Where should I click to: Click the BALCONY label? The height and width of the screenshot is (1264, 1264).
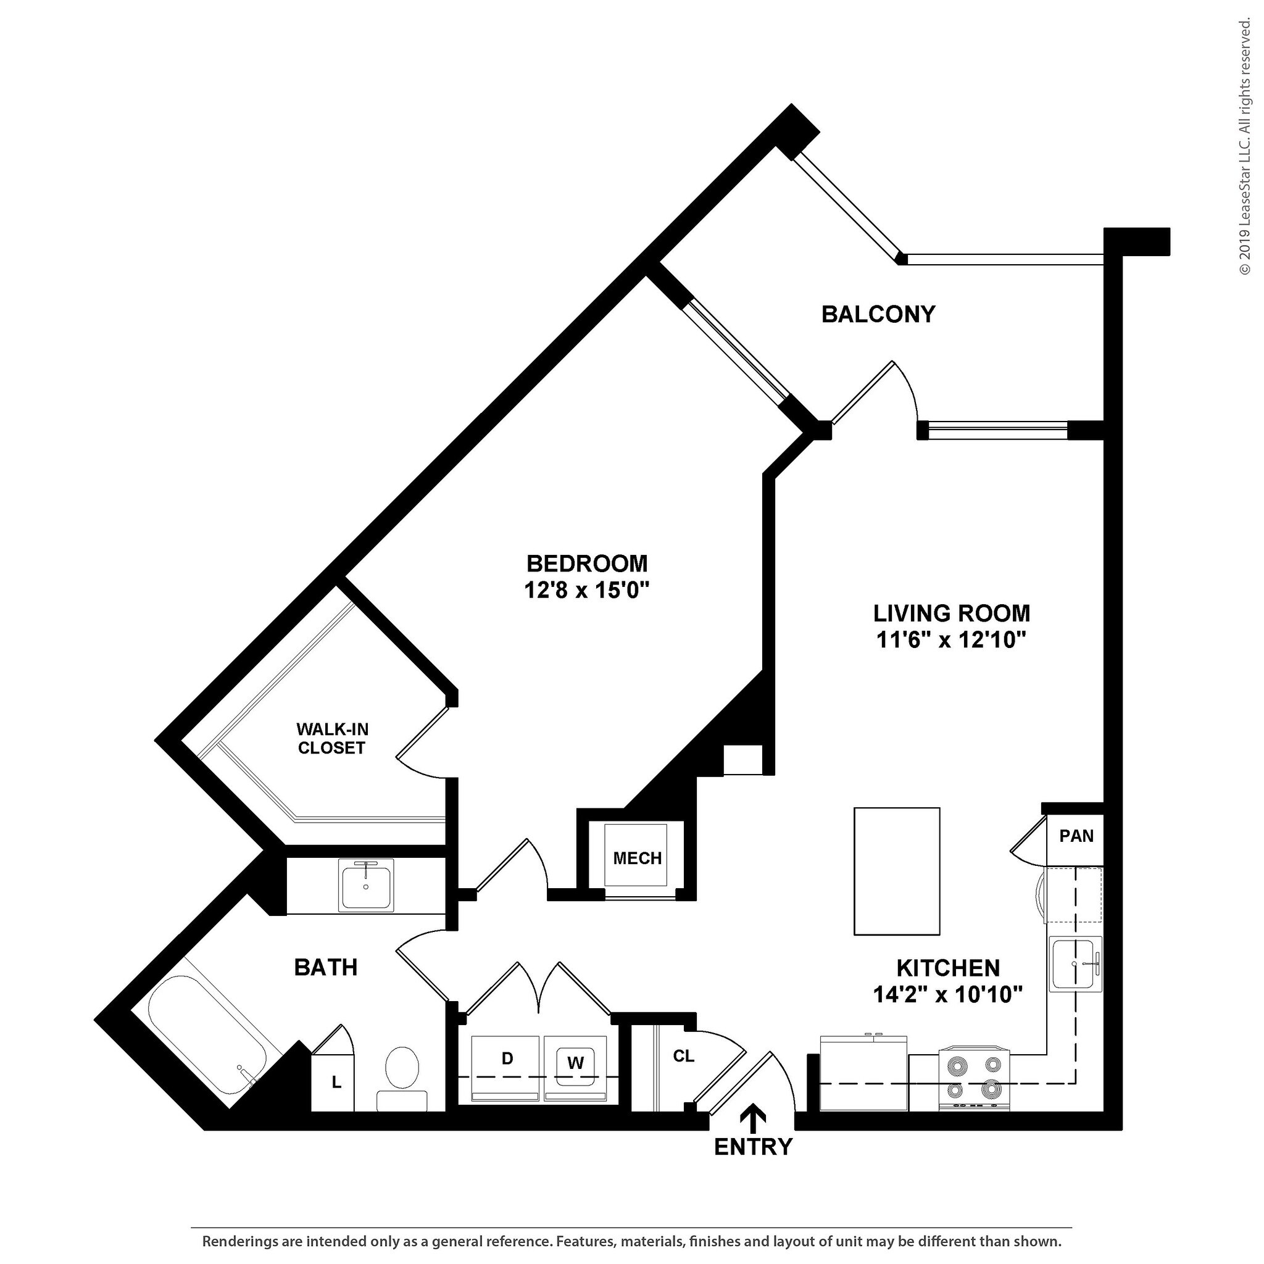coord(878,315)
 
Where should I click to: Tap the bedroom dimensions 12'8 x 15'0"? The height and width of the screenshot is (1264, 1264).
coord(587,591)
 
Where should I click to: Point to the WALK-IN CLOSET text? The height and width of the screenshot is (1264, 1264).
coord(331,739)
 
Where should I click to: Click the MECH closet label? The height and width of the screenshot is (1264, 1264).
coord(637,859)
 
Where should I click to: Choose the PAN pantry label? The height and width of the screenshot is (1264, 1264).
coord(1076,836)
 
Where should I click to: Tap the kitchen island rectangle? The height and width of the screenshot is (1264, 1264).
coord(897,871)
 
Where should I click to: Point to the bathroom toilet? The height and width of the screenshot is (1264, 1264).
coord(402,1081)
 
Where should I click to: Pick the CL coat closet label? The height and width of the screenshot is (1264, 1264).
coord(684,1056)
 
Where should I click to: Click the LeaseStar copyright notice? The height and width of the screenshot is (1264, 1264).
coord(1244,138)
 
